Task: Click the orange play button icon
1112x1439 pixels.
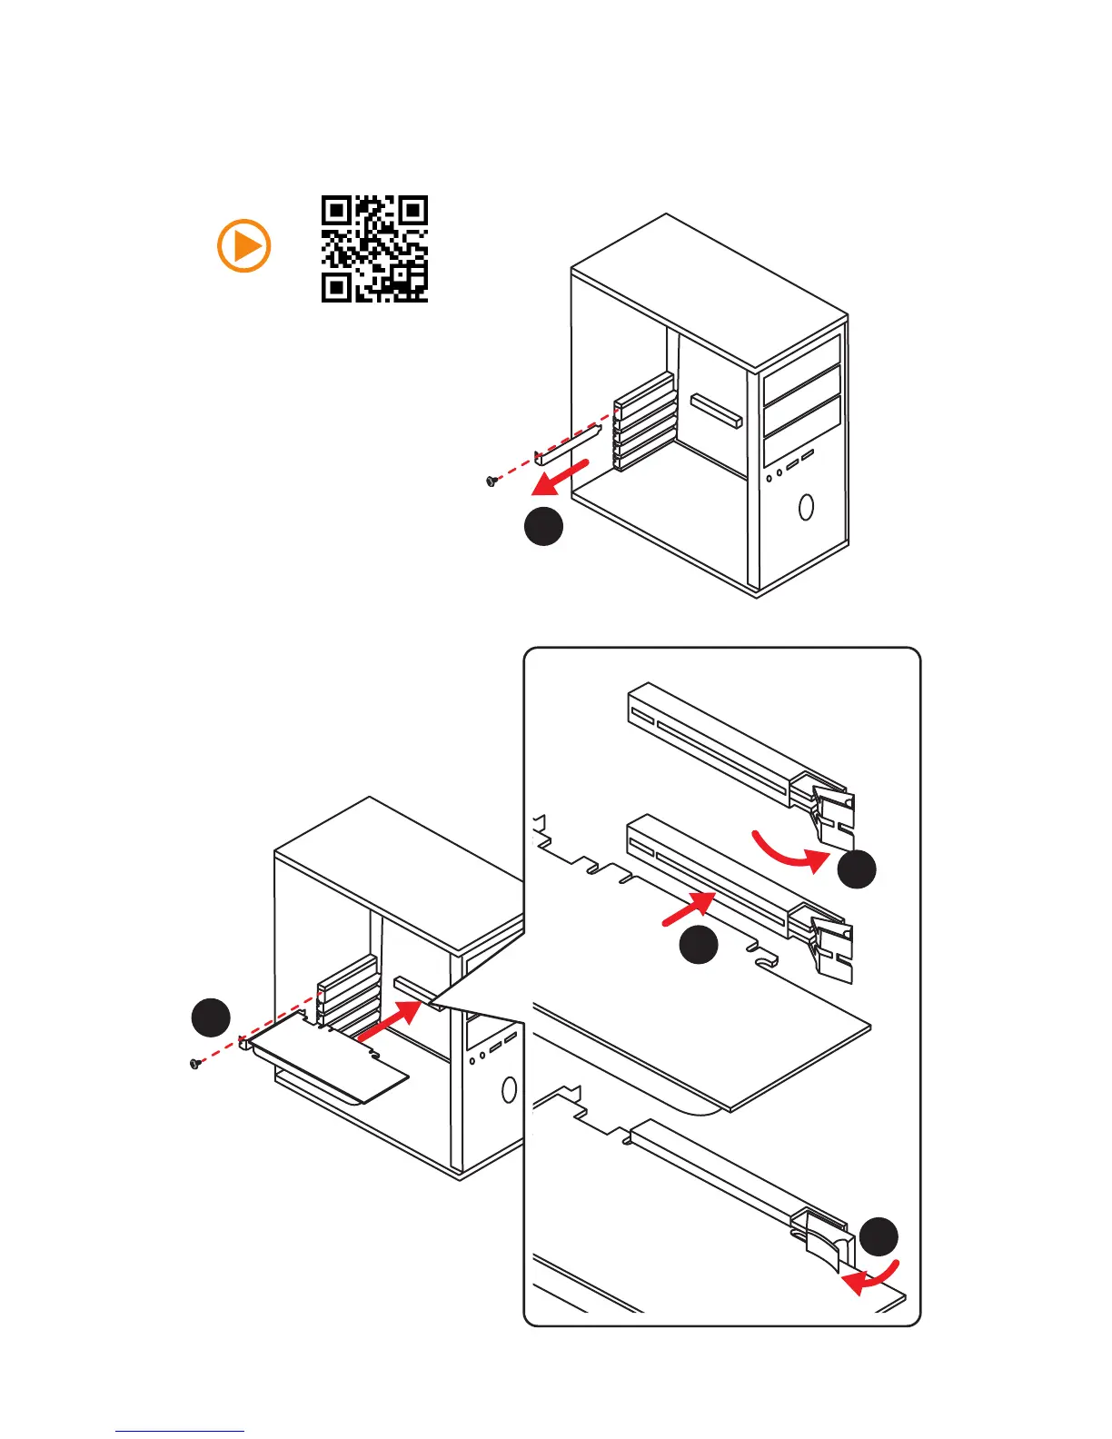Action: point(244,245)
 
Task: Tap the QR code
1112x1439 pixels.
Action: point(374,248)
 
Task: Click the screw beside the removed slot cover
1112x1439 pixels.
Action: point(492,480)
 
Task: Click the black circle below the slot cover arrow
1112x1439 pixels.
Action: point(543,527)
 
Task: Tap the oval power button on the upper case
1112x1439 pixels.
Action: point(806,506)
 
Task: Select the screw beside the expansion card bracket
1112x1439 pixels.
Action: point(194,1063)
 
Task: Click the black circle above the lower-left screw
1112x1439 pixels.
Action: point(211,1017)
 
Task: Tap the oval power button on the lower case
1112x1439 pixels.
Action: point(509,1089)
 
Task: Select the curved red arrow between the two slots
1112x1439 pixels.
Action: point(789,851)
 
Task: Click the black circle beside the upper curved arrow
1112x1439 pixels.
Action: point(857,869)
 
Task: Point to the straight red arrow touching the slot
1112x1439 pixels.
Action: point(688,909)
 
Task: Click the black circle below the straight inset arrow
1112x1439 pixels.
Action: point(699,946)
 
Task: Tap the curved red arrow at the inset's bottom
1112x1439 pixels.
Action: point(871,1277)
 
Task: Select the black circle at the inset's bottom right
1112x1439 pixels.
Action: point(879,1236)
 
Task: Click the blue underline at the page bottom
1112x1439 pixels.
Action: point(180,1431)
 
